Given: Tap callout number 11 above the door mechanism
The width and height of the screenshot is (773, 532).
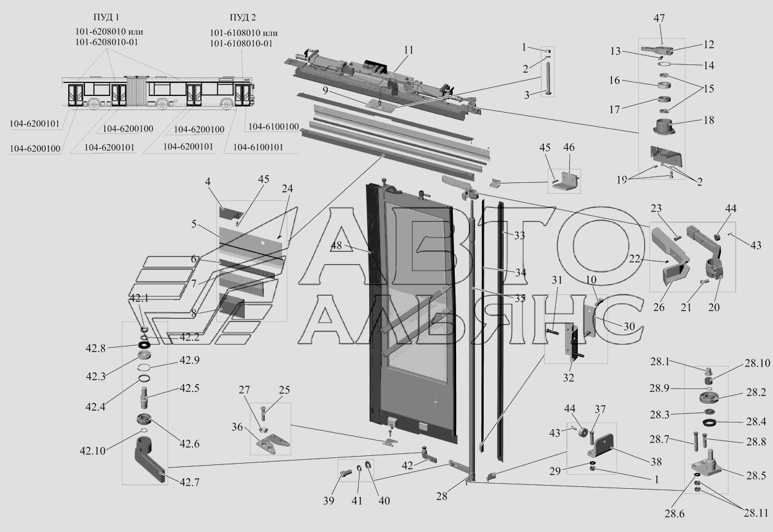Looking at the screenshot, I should point(410,50).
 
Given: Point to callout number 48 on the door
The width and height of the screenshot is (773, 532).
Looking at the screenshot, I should point(337,247).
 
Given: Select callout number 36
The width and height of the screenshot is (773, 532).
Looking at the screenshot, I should point(237,426).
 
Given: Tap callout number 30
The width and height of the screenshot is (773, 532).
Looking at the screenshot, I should point(629,327).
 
